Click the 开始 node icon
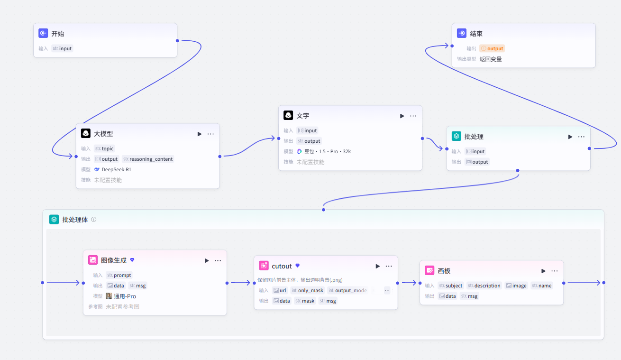click(x=43, y=33)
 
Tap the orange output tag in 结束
click(x=492, y=48)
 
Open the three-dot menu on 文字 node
click(x=413, y=116)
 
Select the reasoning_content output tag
click(x=148, y=159)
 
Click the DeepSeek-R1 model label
click(x=117, y=169)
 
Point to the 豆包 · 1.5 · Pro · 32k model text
click(x=328, y=151)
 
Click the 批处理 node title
click(x=474, y=137)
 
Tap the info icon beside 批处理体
click(x=94, y=220)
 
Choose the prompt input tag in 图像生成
click(x=119, y=275)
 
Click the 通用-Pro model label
click(x=125, y=296)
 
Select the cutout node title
click(x=282, y=266)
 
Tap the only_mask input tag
click(x=307, y=290)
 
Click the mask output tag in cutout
click(x=305, y=301)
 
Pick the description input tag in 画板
click(x=484, y=286)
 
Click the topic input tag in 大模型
click(x=104, y=148)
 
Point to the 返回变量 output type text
click(x=491, y=59)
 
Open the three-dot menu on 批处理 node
click(x=581, y=137)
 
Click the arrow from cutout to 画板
click(x=409, y=283)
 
